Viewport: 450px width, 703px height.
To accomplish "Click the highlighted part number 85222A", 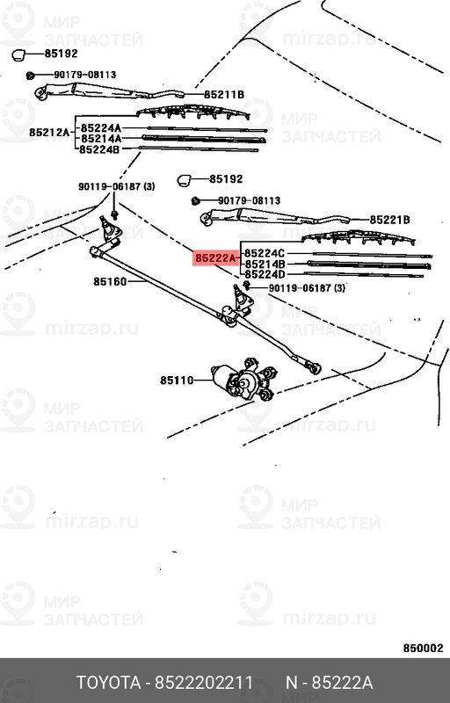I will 215,258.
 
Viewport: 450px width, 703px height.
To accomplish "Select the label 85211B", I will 223,94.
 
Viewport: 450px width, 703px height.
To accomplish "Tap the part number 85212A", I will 48,133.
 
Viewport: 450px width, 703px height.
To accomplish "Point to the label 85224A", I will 100,128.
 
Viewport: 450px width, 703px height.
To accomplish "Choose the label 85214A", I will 100,139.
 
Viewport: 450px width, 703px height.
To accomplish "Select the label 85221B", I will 390,219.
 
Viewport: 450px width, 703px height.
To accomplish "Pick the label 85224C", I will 265,253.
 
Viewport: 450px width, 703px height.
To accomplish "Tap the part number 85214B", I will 265,264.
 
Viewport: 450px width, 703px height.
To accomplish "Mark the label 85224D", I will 265,274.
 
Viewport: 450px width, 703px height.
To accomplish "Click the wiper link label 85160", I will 111,282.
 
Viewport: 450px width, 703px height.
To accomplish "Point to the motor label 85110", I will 177,380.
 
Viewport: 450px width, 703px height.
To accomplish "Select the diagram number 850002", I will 423,648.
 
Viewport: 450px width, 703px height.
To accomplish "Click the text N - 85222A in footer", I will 329,683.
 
